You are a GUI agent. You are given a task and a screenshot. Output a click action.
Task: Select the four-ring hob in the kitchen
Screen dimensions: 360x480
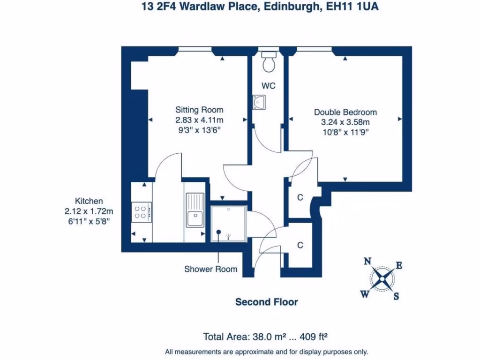[141, 211]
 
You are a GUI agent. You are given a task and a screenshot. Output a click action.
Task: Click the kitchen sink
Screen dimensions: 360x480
[194, 218]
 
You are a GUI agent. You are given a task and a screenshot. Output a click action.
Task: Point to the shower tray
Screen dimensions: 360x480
[228, 224]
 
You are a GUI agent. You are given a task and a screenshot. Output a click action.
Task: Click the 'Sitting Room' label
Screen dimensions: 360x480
[196, 110]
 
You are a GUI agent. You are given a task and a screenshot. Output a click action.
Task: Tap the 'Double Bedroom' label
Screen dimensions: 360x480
[345, 112]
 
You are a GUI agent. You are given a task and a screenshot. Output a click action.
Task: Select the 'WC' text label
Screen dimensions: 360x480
[269, 86]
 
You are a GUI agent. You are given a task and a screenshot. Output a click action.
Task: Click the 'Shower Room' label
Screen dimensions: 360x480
[210, 269]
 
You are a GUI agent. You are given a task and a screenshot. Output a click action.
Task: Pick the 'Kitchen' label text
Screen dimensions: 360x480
[89, 201]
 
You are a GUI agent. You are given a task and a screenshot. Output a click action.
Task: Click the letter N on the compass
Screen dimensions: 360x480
[368, 262]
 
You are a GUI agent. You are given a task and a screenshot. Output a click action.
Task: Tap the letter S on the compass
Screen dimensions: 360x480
[396, 296]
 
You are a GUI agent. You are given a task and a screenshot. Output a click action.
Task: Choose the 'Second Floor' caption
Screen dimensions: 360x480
[266, 302]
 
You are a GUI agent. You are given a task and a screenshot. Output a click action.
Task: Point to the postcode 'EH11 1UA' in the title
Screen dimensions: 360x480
[355, 7]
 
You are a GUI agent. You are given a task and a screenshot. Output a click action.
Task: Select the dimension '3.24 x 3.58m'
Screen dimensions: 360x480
[345, 122]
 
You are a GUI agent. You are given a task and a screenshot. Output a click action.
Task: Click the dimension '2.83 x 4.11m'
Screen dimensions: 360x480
[196, 120]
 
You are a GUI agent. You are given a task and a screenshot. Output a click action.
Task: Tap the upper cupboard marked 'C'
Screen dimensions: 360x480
[300, 197]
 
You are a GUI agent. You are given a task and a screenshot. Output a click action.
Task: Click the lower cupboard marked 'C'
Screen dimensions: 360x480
[300, 245]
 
